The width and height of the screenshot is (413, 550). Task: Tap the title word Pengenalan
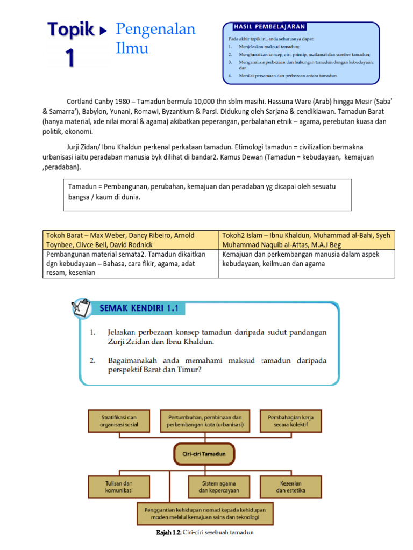point(155,30)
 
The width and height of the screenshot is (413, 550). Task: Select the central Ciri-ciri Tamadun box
point(204,454)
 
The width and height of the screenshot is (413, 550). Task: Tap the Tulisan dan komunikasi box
point(119,487)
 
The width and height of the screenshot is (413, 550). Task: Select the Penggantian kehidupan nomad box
point(205,514)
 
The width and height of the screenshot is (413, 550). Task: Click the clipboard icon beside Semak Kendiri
point(82,309)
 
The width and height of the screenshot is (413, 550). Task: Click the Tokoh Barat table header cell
point(131,240)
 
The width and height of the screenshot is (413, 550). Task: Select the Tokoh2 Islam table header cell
point(307,240)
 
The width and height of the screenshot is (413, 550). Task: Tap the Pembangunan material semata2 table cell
point(131,263)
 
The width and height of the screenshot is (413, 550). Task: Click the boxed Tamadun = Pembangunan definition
point(207,194)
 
